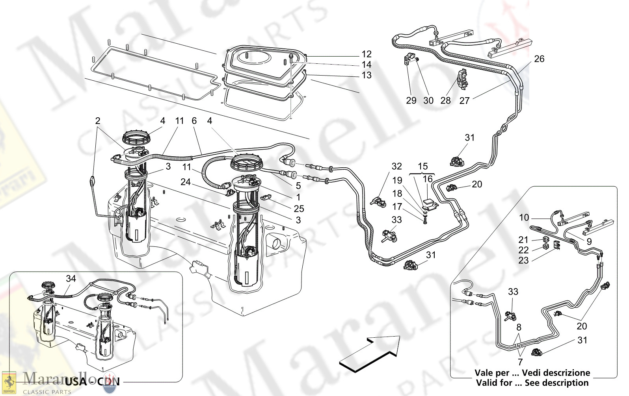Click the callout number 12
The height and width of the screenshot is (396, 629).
pos(367,54)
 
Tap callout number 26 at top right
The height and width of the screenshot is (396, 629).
pos(539,59)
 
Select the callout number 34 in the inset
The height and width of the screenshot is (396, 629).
pos(71,279)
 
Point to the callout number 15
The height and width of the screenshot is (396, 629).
pos(422,166)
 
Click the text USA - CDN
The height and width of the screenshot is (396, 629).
pos(92,381)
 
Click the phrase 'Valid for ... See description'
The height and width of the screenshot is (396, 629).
pos(532,383)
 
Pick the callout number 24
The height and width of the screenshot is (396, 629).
pos(186,182)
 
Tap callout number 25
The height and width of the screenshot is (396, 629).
pos(298,209)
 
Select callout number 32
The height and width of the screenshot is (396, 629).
pos(396,167)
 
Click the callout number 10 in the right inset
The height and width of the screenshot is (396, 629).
pos(524,218)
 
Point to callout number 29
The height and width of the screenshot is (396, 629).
pos(411,101)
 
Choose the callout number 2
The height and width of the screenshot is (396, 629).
pos(98,121)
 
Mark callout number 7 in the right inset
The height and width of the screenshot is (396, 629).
pos(520,362)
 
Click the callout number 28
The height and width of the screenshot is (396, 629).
pos(445,101)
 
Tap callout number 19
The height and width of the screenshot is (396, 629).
pos(397,180)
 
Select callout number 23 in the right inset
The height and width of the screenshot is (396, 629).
pos(523,261)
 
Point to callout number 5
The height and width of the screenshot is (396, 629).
pos(298,185)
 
